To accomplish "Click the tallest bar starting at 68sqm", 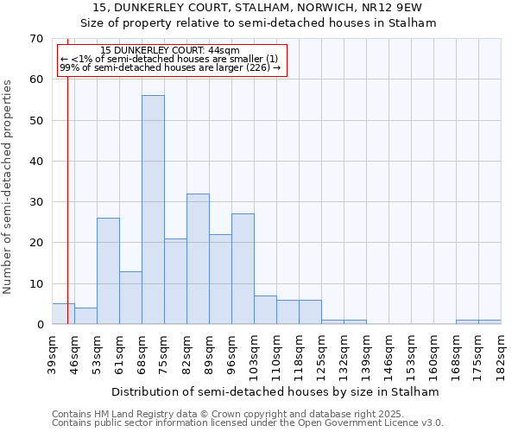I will (x=153, y=210).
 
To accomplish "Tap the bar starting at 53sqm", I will (x=108, y=271).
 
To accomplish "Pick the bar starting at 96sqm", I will (x=243, y=269).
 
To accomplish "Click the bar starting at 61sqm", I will (x=130, y=298).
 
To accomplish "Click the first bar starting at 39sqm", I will (x=63, y=314).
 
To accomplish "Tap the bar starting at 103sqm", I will (x=265, y=310).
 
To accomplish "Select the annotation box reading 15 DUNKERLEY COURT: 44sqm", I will (x=171, y=60).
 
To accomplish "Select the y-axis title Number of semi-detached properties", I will (x=9, y=187).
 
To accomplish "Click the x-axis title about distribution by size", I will (x=275, y=391).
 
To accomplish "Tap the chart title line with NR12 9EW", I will (x=259, y=9).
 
